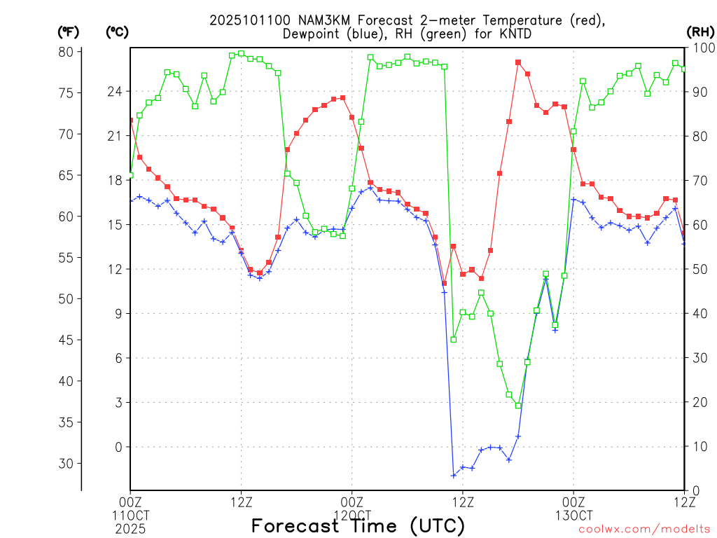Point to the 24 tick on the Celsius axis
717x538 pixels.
pos(115,91)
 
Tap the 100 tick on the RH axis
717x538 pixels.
pos(699,48)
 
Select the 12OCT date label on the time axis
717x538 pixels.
pos(351,515)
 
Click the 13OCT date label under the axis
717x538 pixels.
pos(573,515)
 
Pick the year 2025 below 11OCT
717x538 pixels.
pos(130,527)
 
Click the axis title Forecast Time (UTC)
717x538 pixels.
pos(358,525)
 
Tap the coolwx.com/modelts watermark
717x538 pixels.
pos(644,530)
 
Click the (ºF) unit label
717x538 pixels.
pos(69,32)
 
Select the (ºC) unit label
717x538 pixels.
pos(117,32)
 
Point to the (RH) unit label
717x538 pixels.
pos(700,32)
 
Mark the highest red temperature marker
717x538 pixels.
pos(518,62)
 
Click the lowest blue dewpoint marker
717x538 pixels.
pos(453,476)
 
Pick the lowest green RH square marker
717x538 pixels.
pos(518,406)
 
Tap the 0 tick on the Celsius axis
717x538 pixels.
pos(118,447)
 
